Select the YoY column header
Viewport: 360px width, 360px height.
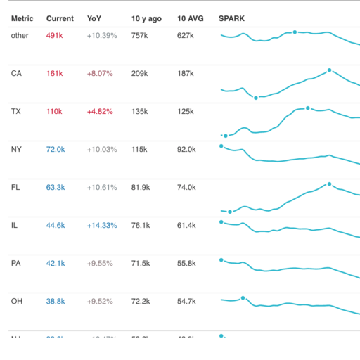[94, 18]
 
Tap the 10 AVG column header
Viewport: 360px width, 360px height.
[190, 18]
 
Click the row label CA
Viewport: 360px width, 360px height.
[16, 73]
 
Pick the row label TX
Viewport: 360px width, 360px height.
[16, 111]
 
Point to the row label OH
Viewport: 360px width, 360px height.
[17, 301]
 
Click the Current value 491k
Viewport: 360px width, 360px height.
[55, 35]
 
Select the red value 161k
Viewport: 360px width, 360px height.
[55, 73]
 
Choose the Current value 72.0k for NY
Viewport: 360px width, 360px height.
[56, 149]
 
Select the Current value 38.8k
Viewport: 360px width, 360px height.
[56, 301]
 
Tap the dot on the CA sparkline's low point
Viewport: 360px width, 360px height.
[256, 98]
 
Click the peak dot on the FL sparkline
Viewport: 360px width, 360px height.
[329, 184]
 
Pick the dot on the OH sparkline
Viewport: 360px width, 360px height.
[243, 298]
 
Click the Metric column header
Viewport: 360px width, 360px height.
[22, 18]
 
